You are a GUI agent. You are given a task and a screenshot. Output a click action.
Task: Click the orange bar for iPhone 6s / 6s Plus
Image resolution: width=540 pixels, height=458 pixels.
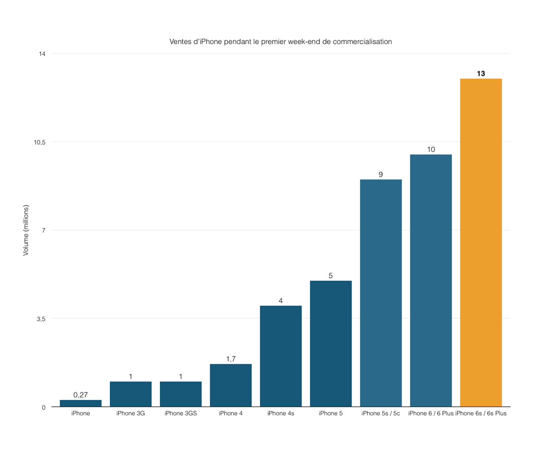point(481,242)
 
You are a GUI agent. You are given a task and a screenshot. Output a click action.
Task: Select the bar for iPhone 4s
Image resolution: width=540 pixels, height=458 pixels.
point(280,356)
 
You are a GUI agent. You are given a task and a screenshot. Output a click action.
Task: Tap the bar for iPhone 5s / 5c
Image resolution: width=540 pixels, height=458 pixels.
point(380,293)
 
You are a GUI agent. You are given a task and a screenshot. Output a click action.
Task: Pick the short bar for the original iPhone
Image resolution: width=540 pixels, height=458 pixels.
point(81,403)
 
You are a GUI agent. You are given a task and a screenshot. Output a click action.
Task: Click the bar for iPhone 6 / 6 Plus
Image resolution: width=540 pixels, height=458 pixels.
point(431,280)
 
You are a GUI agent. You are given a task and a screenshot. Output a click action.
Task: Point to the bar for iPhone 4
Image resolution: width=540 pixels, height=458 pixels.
point(230,385)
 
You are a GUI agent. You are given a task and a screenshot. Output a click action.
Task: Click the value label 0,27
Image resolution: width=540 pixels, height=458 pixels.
point(81,395)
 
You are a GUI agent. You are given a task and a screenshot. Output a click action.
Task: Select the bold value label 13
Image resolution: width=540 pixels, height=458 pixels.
point(481,74)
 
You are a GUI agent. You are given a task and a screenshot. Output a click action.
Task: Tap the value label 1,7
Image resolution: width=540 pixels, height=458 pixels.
point(231,359)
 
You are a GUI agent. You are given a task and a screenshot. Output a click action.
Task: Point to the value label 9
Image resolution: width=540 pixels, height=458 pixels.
point(380,174)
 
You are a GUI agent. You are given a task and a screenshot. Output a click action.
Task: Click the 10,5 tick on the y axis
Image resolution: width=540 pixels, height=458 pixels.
point(39,142)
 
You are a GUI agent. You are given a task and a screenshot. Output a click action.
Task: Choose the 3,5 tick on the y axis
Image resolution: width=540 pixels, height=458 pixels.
point(41,319)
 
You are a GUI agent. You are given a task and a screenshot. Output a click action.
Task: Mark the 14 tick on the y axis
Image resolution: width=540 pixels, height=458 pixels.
point(42,53)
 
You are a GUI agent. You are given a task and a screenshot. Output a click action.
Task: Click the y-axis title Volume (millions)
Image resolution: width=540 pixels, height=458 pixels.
point(26,230)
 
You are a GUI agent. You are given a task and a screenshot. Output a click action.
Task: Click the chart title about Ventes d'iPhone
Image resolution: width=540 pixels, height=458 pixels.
point(280,42)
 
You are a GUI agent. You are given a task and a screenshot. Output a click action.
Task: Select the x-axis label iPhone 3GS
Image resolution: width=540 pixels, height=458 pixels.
point(181,413)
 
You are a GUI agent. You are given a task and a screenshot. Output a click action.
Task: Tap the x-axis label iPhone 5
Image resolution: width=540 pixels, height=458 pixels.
point(330,413)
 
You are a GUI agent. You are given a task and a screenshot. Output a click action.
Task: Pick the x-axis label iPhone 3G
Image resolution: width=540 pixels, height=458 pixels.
point(131,413)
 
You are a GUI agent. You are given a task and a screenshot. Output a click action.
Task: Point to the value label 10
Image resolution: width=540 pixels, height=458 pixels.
point(431,149)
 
